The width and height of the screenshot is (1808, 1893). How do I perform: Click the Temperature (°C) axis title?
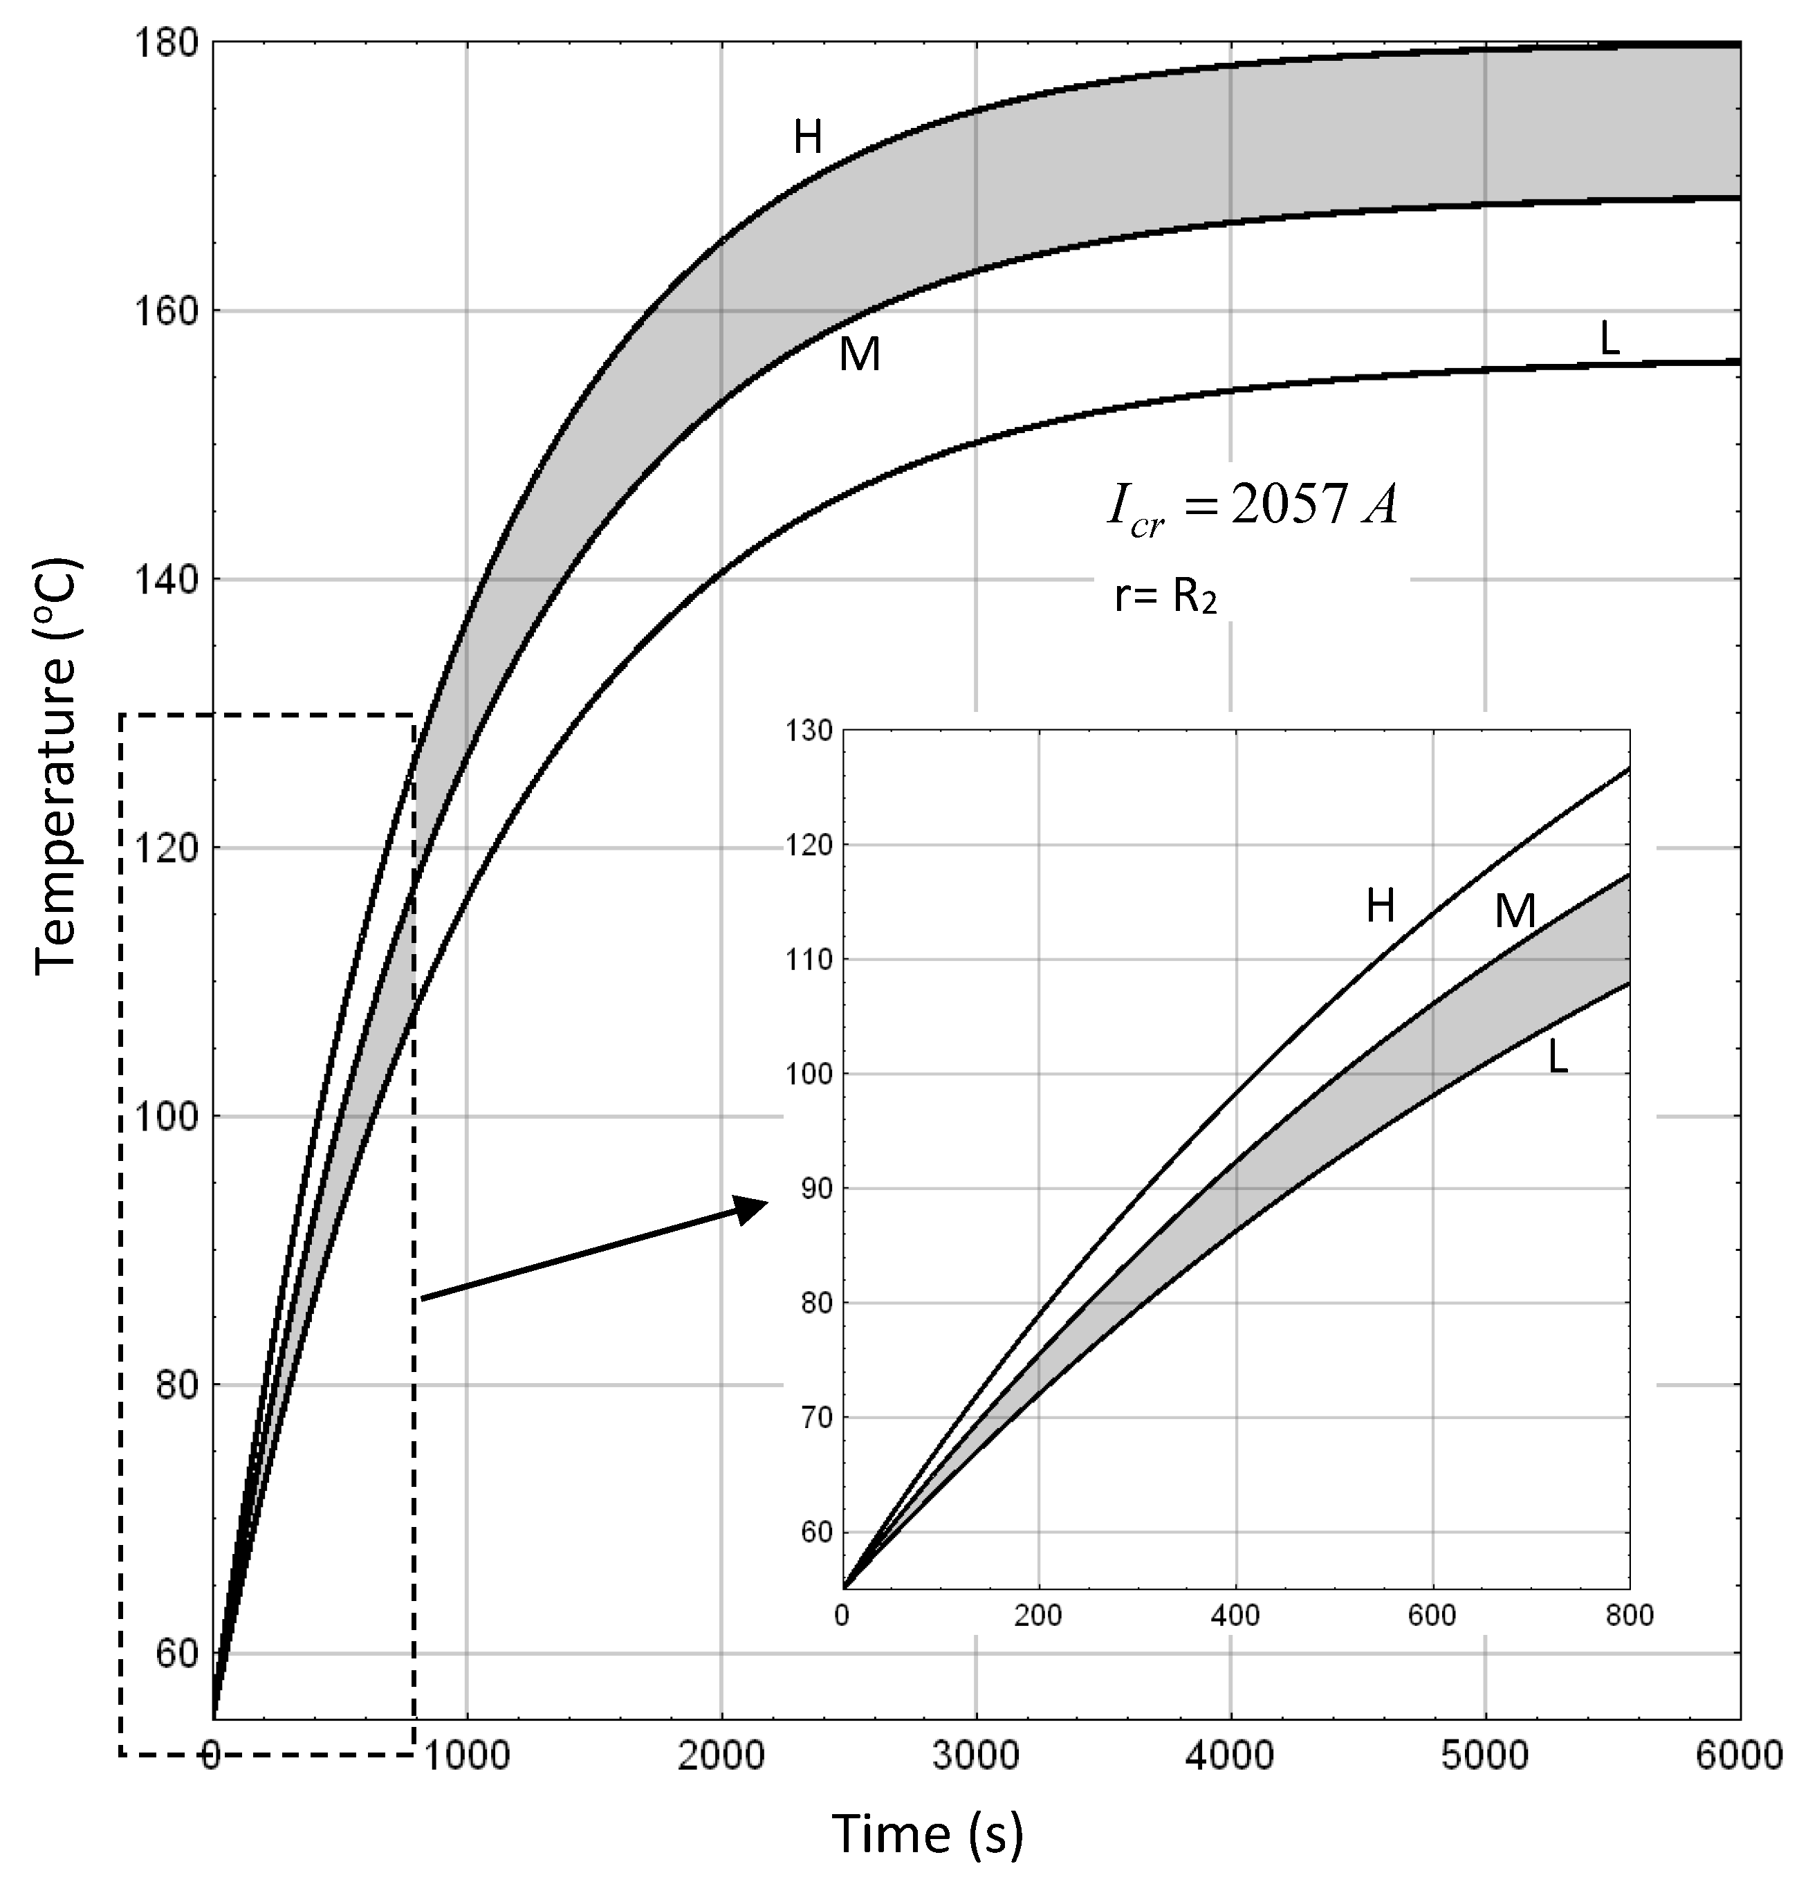pos(56,766)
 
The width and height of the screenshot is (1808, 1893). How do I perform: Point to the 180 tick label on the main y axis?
pos(166,44)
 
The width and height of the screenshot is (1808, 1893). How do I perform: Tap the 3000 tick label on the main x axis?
pos(975,1755)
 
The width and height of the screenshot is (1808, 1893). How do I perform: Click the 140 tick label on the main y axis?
pos(166,580)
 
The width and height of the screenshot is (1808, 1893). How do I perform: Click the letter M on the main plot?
pos(860,356)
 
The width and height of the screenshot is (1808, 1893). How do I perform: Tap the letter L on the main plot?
pos(1609,338)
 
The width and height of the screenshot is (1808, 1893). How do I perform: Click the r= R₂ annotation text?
pos(1165,598)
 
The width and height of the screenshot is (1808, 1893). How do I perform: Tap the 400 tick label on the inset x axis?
pos(1235,1616)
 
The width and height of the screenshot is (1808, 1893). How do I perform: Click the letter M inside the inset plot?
pos(1514,912)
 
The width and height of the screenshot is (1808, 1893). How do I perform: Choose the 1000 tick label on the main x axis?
pos(466,1755)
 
